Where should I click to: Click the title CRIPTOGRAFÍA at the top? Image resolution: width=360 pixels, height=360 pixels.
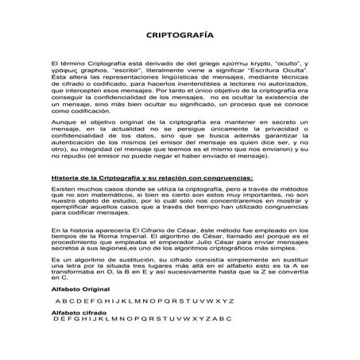[x=180, y=36]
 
